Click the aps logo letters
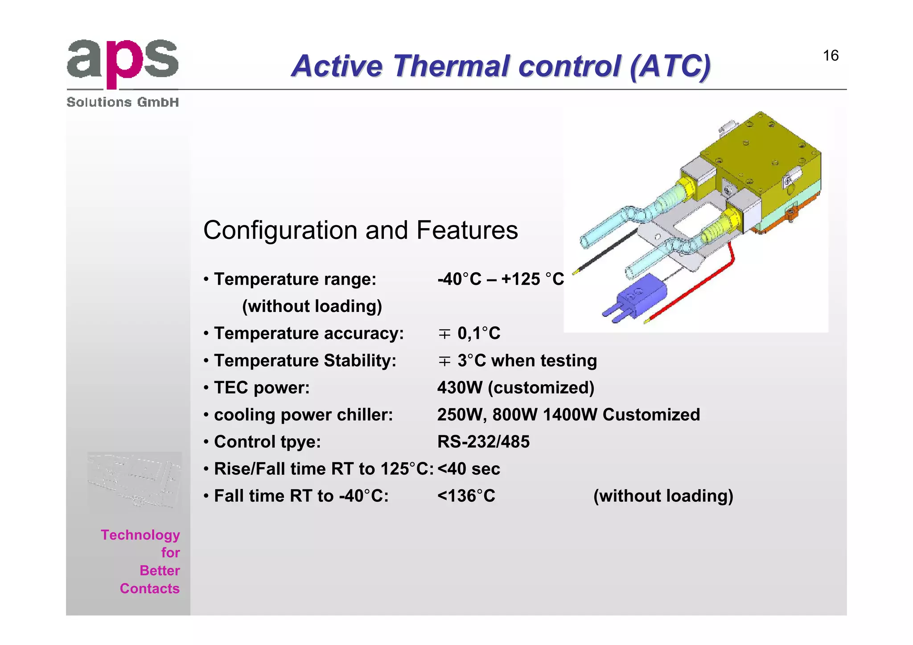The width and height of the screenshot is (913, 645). tap(123, 62)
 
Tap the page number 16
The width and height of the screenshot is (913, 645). tap(831, 56)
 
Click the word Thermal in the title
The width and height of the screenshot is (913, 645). tap(452, 66)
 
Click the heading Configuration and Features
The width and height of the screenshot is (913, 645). tap(360, 230)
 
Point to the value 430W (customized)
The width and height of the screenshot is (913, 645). tap(515, 388)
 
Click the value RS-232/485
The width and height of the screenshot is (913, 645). tap(483, 442)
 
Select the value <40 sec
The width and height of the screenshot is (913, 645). tap(469, 469)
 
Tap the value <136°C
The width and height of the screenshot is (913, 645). tap(466, 496)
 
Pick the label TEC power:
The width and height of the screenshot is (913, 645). tap(262, 388)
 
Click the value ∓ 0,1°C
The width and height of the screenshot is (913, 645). tap(469, 333)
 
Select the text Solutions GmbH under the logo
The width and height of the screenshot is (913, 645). tap(123, 102)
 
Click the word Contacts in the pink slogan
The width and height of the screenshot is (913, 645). tap(149, 588)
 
